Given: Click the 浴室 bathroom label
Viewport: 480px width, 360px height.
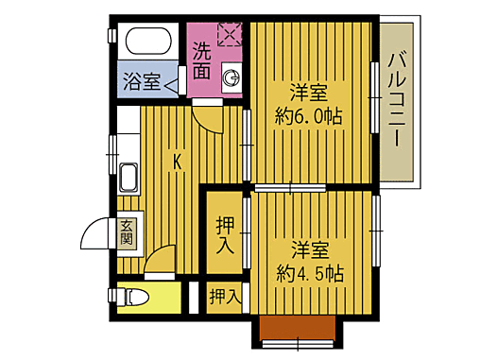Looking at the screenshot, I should coord(140,81).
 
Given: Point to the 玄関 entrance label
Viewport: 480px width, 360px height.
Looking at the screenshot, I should coord(127,232).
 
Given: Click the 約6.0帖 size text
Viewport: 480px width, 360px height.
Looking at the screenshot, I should coord(308,116).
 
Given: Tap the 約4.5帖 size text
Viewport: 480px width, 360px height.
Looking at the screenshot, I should coord(310,273).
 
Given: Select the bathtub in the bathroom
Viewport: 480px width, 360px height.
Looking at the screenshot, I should coord(147,42).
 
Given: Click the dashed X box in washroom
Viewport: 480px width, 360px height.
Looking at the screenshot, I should coord(230,35).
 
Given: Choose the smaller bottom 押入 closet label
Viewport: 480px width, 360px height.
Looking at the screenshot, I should coord(225,296).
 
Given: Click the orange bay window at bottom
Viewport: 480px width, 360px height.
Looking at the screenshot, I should coord(297,328).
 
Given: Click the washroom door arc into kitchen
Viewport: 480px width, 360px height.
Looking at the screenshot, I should coord(206,113).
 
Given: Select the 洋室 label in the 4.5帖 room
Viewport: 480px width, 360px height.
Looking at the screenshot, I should coord(310,250).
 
